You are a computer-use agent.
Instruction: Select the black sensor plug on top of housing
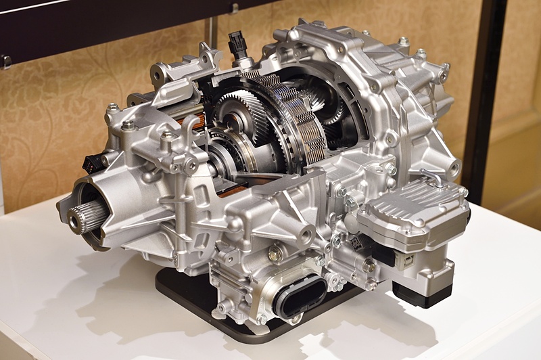237,45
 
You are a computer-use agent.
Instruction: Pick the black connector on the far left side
93,163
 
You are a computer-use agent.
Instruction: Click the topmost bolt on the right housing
403,42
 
